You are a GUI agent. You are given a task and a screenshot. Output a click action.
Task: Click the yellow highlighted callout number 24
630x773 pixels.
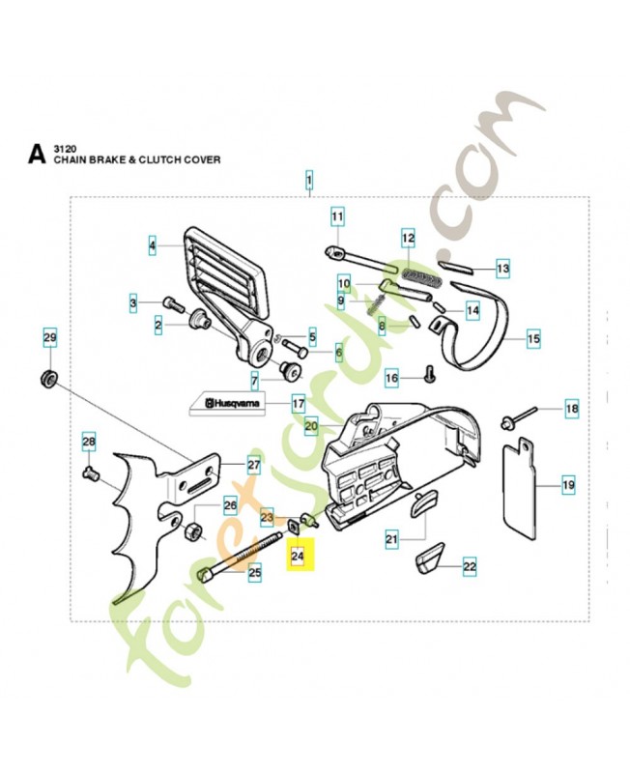click(298, 557)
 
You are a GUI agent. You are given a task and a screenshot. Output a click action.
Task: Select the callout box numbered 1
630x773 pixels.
click(309, 180)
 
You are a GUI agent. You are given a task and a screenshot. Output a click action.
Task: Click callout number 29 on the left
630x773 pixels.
click(49, 337)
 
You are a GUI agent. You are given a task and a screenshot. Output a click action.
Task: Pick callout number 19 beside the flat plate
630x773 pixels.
click(568, 485)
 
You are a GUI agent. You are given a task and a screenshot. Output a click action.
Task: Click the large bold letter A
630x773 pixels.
click(37, 153)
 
